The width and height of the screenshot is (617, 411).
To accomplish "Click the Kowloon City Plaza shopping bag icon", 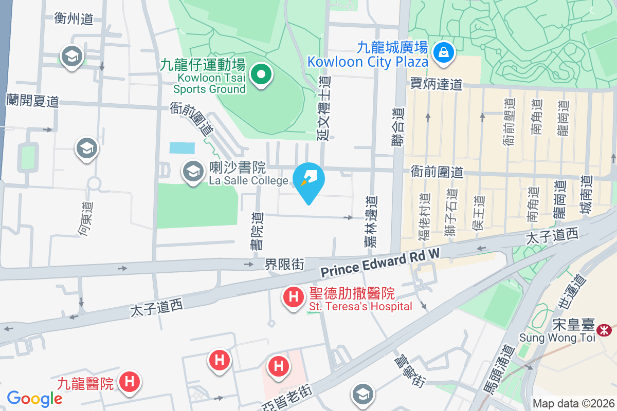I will (x=442, y=52).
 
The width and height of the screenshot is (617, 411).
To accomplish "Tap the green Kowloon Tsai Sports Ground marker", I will (x=262, y=75).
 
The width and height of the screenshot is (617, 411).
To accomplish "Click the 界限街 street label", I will (x=284, y=265).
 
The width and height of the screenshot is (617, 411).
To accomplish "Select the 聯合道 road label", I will (x=397, y=126).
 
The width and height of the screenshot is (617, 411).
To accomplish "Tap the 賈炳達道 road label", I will (x=437, y=84).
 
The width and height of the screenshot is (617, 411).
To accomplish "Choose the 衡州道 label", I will (x=74, y=19).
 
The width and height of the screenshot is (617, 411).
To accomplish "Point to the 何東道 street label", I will (x=86, y=219).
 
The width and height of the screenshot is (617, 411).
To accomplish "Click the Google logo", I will (x=34, y=398).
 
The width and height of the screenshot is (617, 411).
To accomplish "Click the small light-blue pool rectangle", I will (x=183, y=148).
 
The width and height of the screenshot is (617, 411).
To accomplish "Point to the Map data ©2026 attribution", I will (x=573, y=403).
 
